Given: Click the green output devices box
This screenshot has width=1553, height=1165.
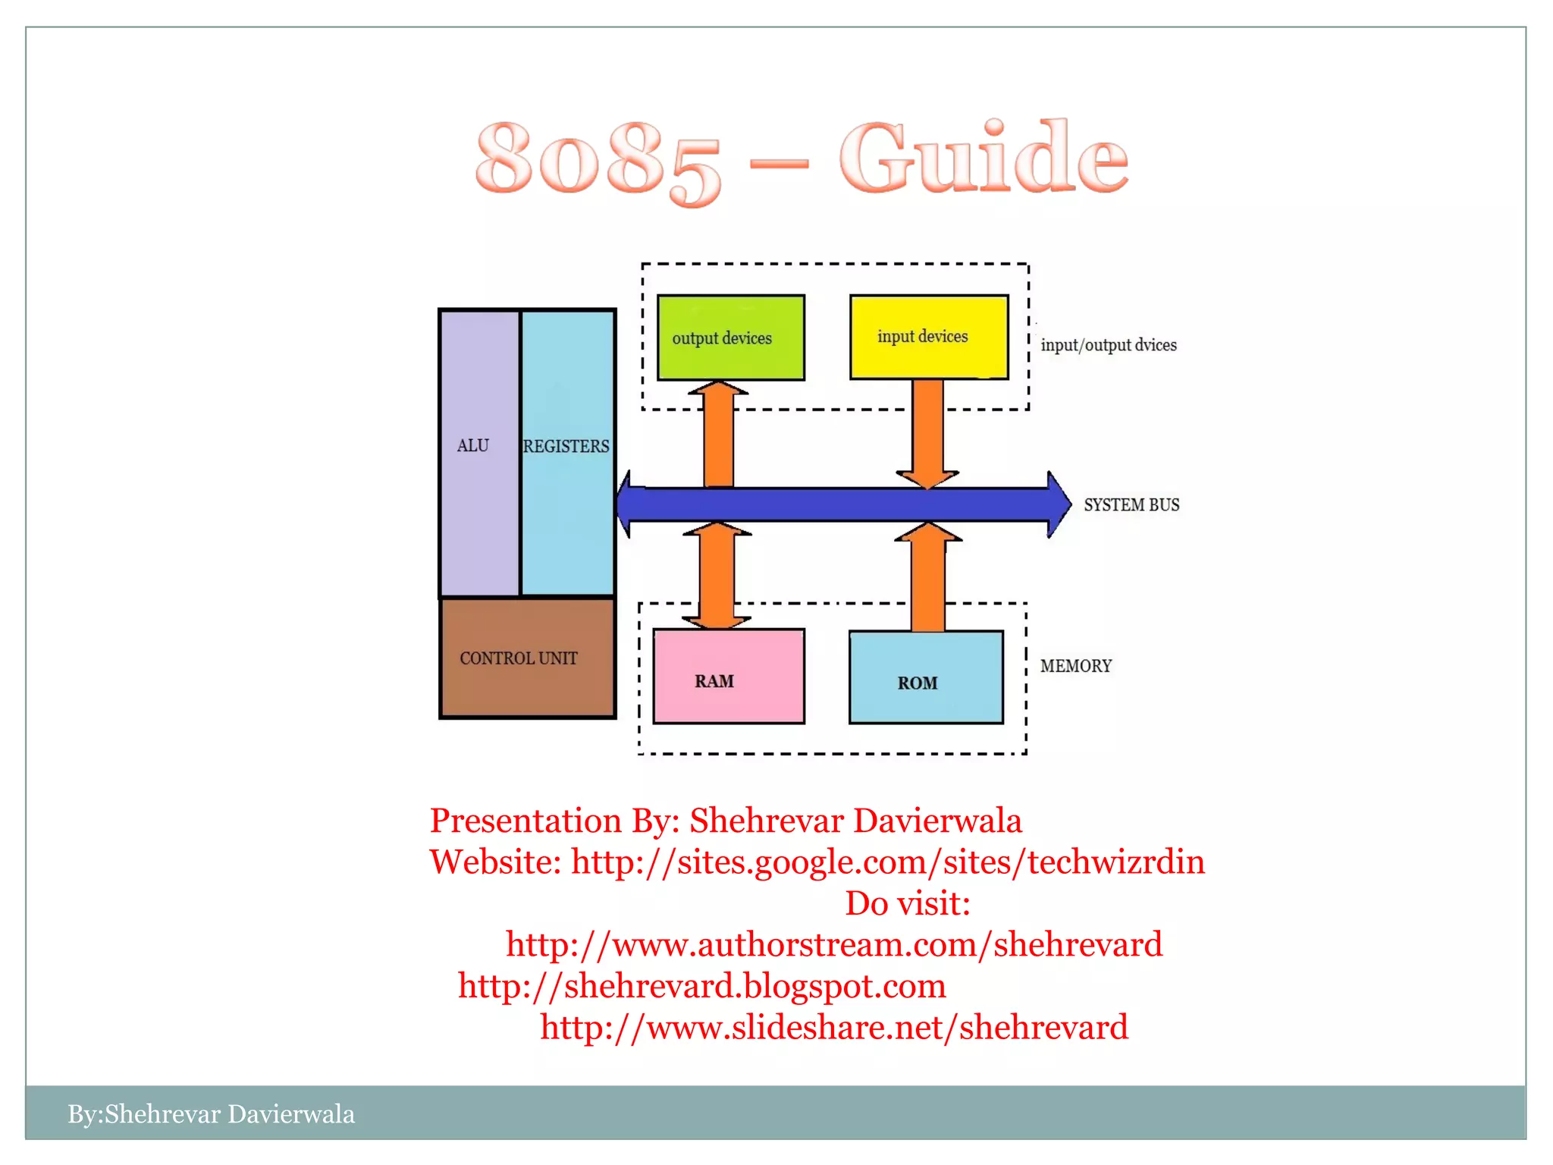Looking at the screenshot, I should coord(730,338).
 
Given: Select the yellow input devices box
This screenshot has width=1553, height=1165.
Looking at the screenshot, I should coord(929,337).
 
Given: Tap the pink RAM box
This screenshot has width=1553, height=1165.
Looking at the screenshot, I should coord(728,676).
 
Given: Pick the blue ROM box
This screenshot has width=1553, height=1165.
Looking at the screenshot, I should coord(926,677).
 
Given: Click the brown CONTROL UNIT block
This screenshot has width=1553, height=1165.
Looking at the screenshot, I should coord(527,658).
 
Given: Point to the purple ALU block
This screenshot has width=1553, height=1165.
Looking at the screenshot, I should coord(478,453).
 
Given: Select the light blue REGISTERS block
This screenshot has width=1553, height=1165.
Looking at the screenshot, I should coord(567,453).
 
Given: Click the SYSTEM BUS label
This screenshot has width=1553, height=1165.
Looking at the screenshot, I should coord(1131,505).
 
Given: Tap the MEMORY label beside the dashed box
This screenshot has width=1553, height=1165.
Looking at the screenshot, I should coord(1075,666).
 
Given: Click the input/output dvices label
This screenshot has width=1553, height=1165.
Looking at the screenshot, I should coord(1108,345).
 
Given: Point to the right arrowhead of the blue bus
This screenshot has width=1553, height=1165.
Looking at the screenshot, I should coord(1057,504).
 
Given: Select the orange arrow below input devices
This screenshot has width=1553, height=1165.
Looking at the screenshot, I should coord(927,432).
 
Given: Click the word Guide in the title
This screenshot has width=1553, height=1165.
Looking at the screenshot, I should coord(984,159).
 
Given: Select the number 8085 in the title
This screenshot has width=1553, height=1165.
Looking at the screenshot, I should coord(598,161).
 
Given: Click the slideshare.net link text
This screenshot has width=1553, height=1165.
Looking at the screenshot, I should coord(833,1027).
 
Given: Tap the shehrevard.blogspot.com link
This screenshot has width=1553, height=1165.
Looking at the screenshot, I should coord(701,986).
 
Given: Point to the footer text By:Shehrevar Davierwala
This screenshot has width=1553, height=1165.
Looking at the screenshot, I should coord(211,1113).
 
